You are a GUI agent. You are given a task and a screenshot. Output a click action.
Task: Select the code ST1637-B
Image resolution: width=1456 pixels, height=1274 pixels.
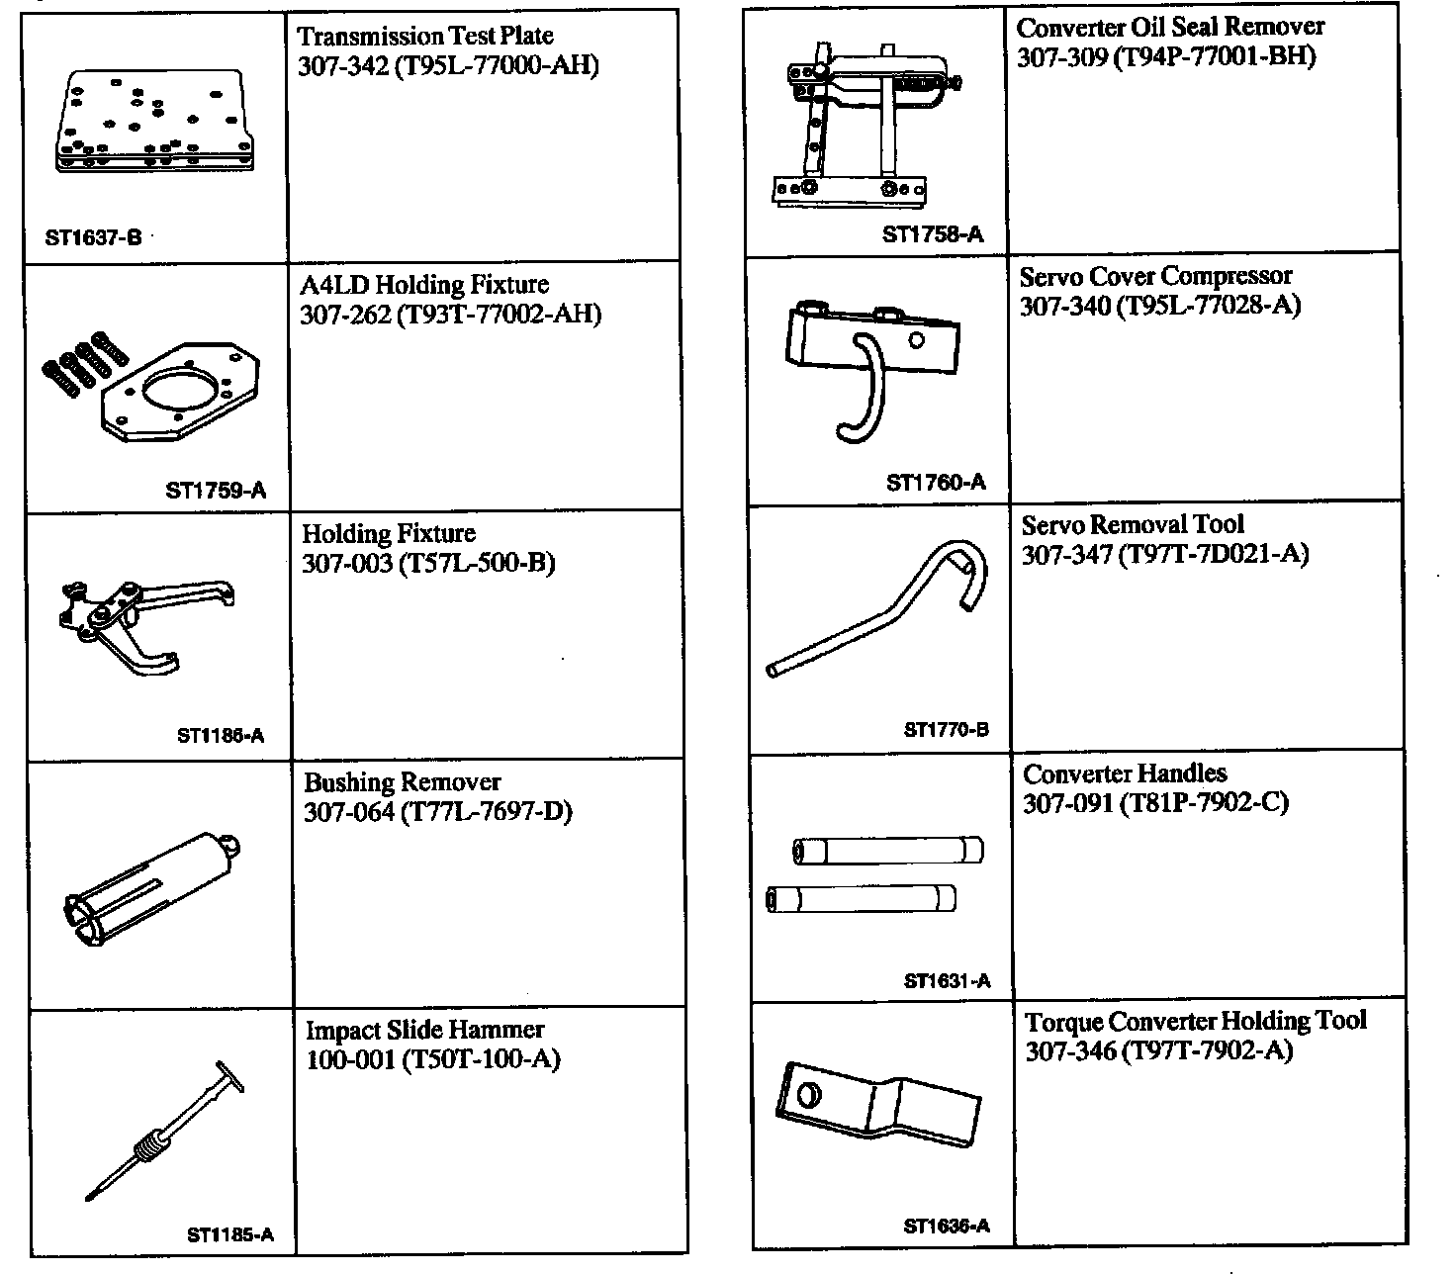[93, 237]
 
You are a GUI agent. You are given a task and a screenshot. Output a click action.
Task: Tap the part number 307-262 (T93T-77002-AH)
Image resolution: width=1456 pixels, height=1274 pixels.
[450, 315]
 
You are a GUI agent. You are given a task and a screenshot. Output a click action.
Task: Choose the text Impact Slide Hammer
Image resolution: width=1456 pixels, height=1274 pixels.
[424, 1030]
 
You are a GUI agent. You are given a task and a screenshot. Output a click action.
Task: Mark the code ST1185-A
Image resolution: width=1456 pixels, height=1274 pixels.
[229, 1234]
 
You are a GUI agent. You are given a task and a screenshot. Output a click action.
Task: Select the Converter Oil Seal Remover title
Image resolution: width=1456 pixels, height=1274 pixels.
[1170, 27]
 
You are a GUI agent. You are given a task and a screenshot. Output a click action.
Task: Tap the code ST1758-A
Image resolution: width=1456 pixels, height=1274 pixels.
[933, 234]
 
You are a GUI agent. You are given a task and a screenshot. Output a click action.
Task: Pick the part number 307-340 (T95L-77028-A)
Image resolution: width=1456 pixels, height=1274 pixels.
[1160, 305]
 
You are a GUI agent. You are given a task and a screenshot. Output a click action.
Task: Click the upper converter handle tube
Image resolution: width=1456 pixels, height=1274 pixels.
[888, 851]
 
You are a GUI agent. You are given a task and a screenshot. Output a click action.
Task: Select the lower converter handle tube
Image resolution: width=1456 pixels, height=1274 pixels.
[862, 899]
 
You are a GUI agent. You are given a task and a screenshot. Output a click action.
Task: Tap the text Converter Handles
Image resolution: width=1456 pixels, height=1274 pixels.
[1125, 773]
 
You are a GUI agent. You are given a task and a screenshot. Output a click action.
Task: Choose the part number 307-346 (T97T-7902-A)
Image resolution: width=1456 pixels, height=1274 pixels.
[1158, 1050]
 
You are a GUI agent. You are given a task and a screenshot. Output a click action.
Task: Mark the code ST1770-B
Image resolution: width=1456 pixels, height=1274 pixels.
[946, 731]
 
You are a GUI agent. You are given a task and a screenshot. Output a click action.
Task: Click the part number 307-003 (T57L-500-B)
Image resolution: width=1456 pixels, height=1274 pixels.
[428, 563]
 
